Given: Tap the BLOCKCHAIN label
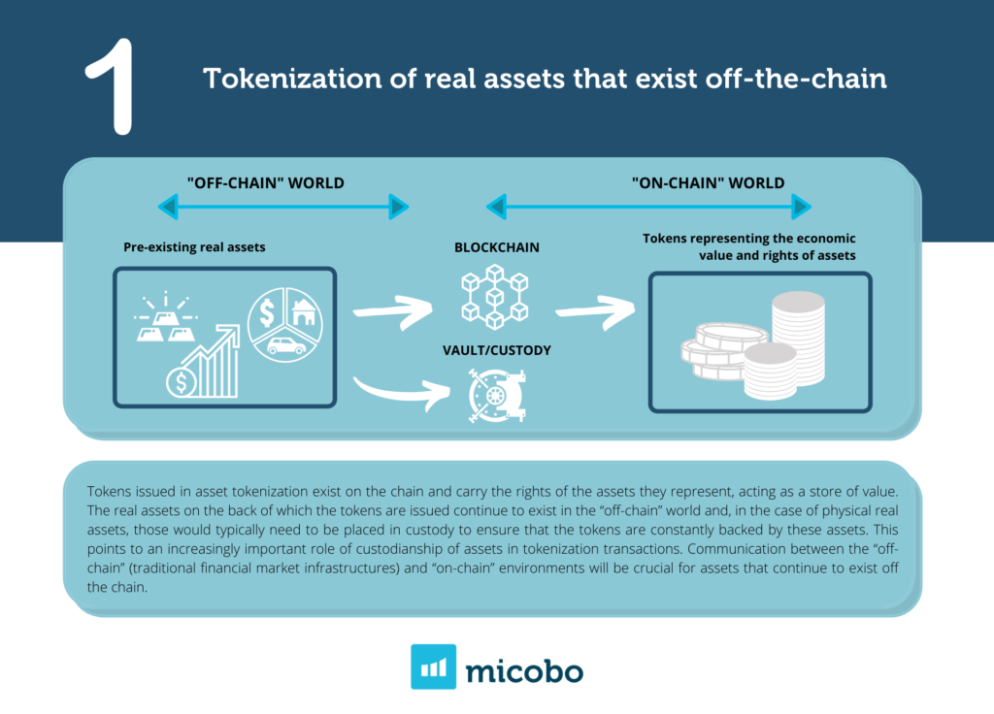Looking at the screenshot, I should pos(497,247).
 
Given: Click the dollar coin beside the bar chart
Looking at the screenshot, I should pos(180,382).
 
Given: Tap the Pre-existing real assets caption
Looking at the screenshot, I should pos(194,247).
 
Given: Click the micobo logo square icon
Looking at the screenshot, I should pos(433,666).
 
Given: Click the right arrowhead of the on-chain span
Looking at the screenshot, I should pos(801,206).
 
